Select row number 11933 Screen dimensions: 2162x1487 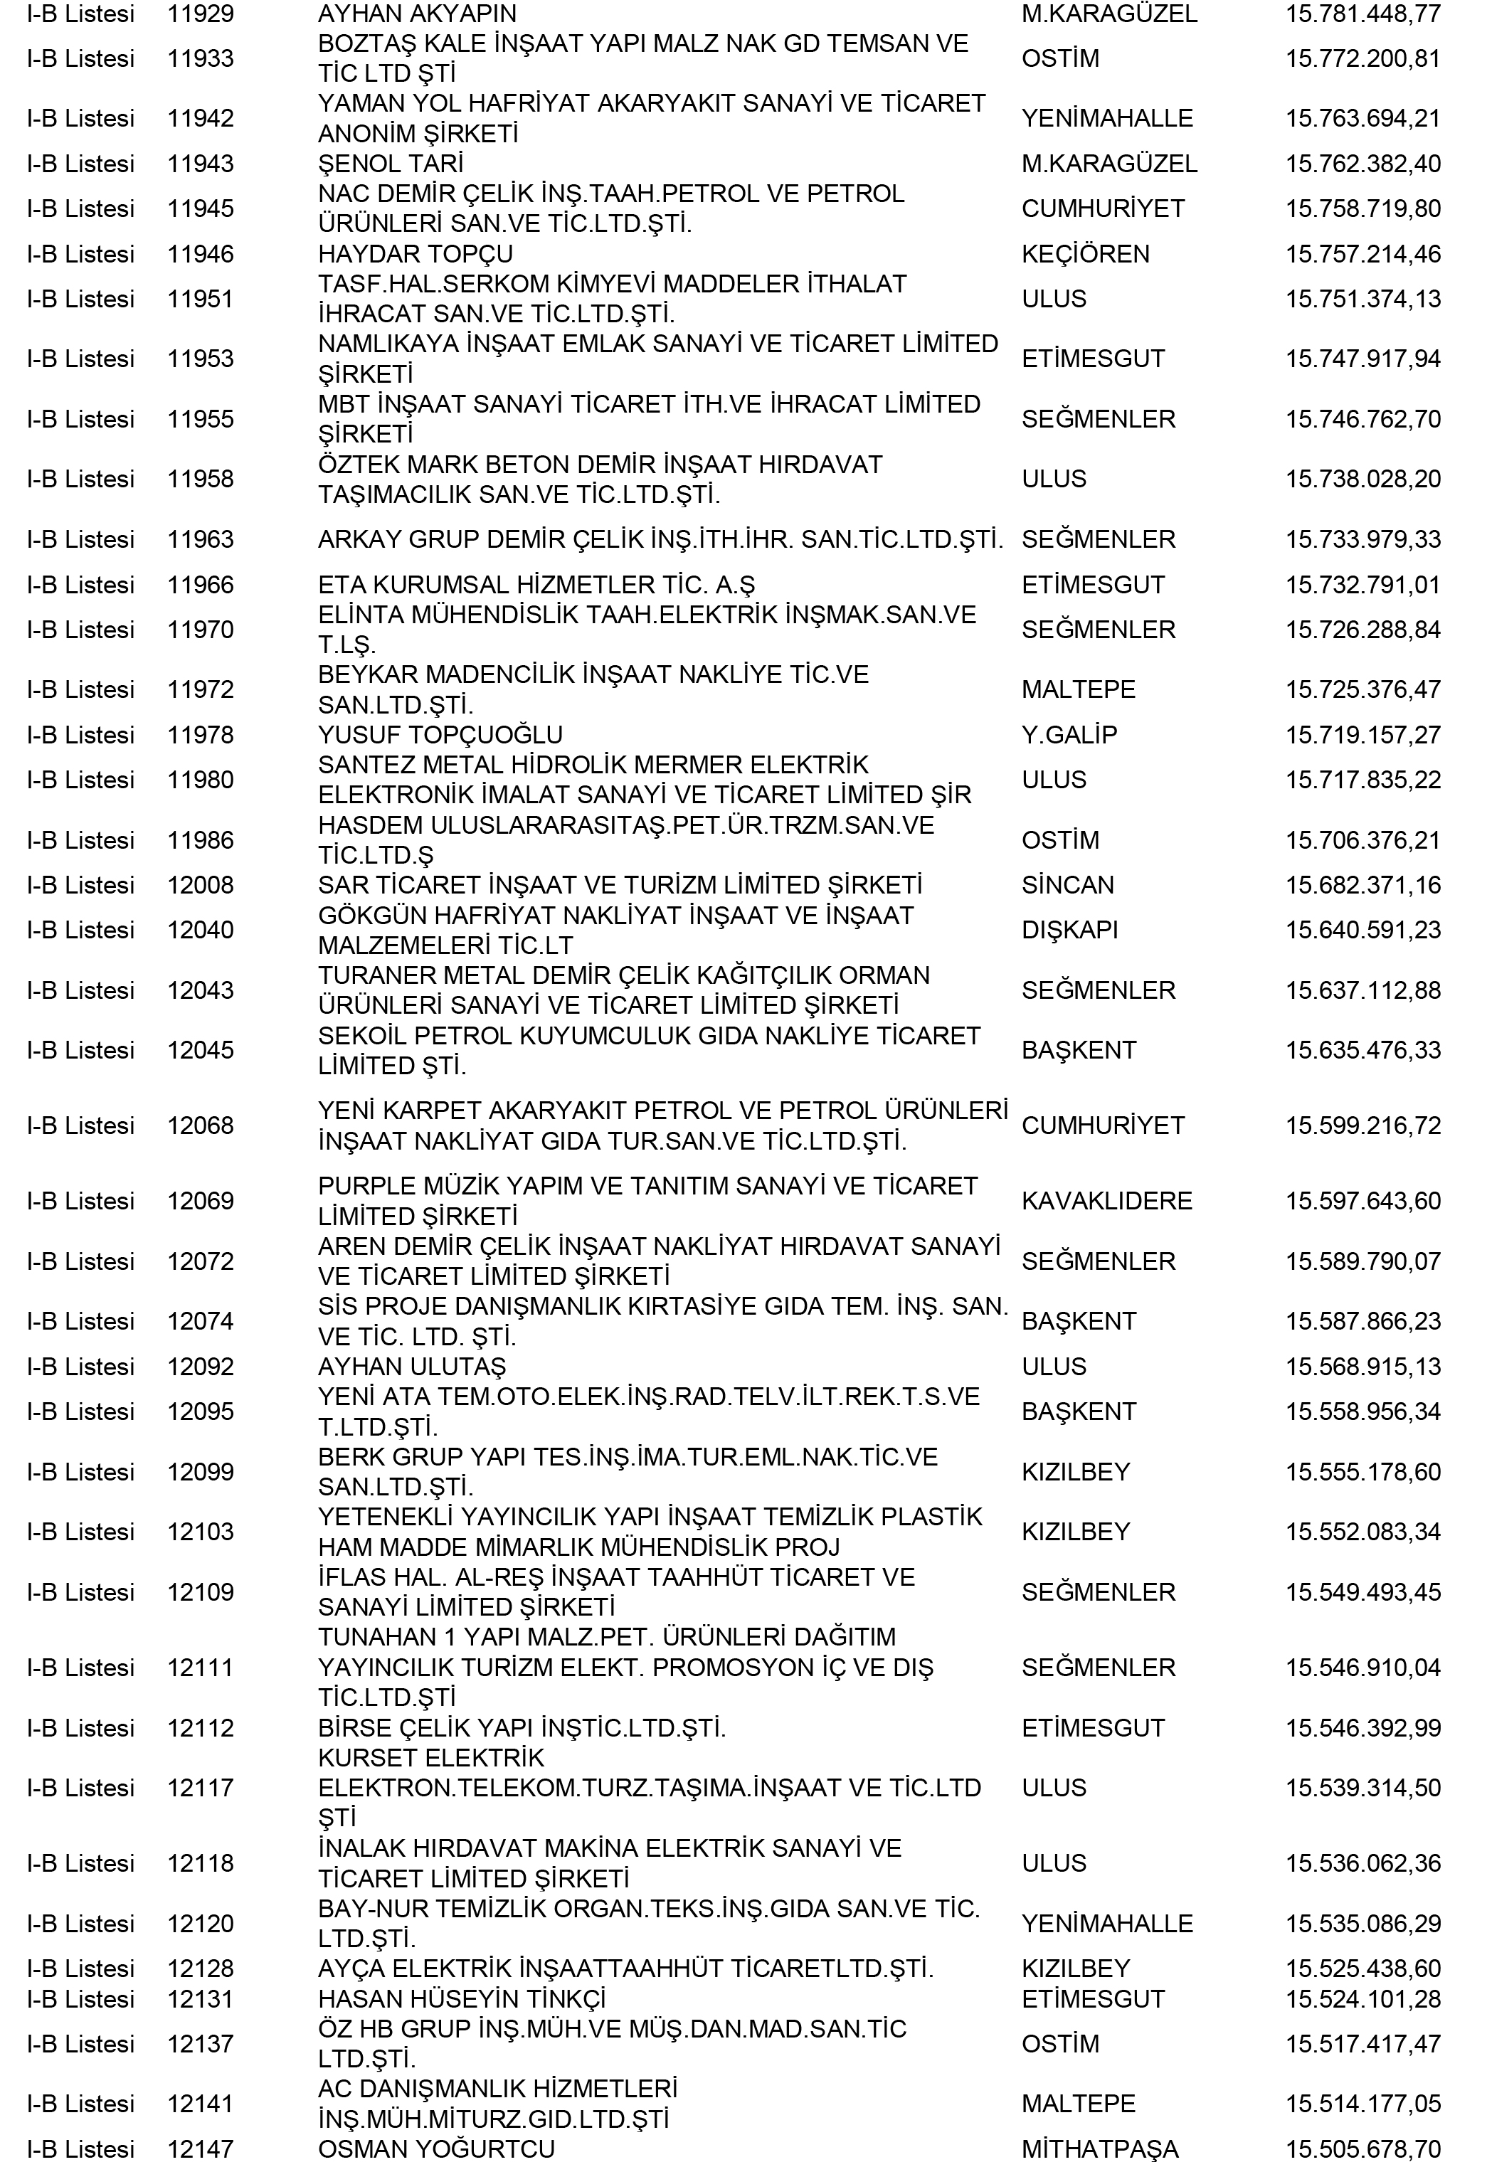pyautogui.click(x=201, y=58)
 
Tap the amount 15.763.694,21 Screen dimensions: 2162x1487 pyautogui.click(x=1362, y=118)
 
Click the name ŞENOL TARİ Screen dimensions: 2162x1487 pyautogui.click(x=391, y=164)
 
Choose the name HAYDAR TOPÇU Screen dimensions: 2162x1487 pyautogui.click(x=415, y=253)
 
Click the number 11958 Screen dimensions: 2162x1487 pyautogui.click(x=201, y=479)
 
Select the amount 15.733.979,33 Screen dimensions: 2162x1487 pyautogui.click(x=1362, y=539)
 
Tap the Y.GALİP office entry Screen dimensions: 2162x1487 pyautogui.click(x=1069, y=735)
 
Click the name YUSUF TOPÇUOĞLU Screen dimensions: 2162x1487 pyautogui.click(x=440, y=735)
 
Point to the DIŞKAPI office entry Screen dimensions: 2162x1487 pyautogui.click(x=1069, y=930)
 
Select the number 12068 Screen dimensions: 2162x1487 pyautogui.click(x=201, y=1125)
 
